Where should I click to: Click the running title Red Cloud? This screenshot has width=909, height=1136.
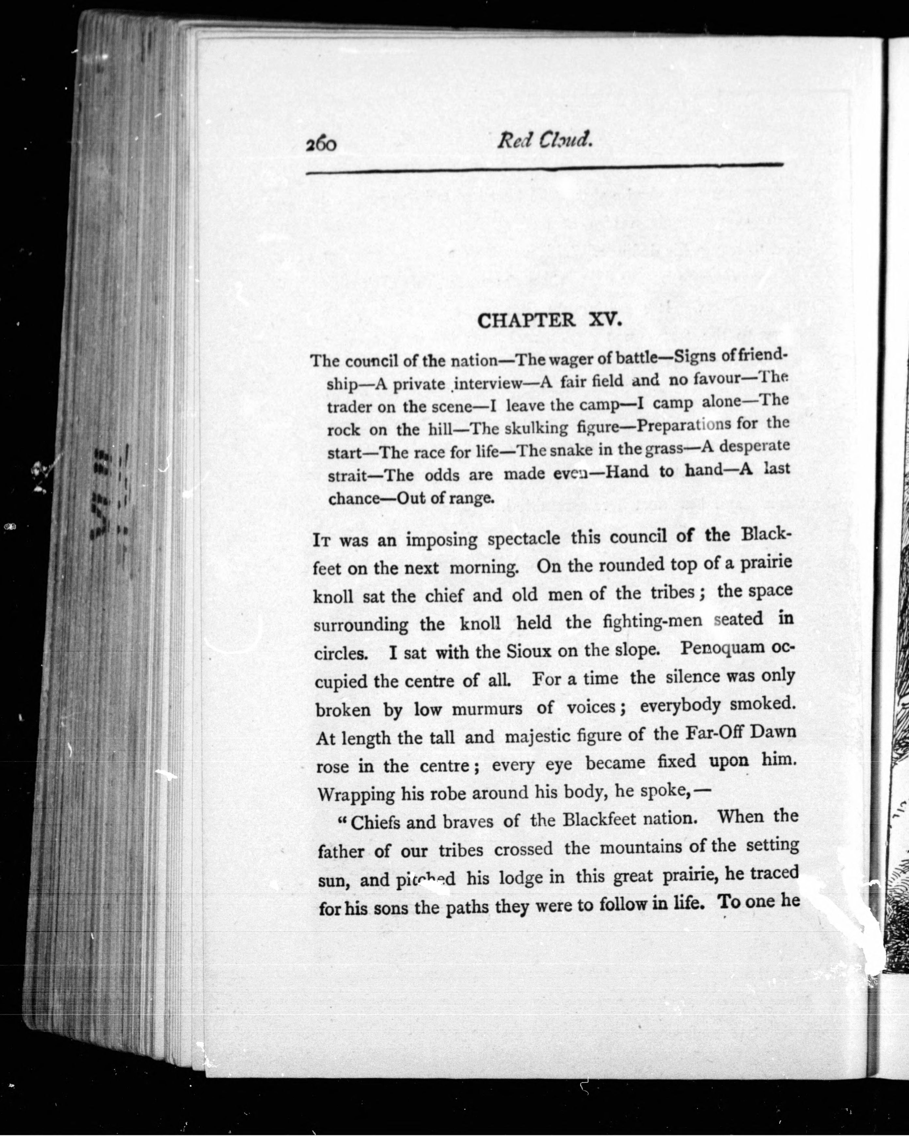(x=545, y=140)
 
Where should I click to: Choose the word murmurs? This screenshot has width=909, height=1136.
(x=487, y=709)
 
